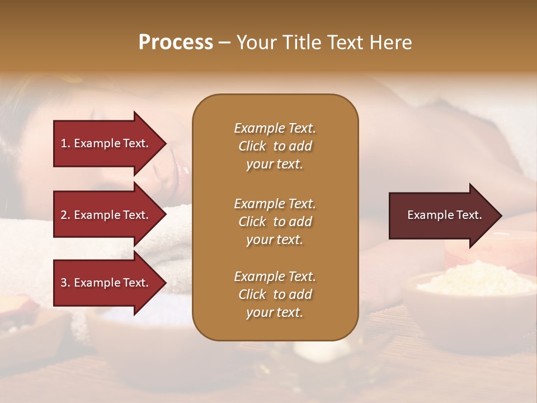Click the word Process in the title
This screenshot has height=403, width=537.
coord(176,43)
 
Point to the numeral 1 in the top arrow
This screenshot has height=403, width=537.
coord(63,143)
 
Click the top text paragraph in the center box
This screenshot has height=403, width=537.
coord(275,146)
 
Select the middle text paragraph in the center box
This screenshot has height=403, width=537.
coord(275,222)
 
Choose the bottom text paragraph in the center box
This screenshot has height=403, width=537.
coord(275,294)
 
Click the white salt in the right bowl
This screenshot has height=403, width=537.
coord(475,283)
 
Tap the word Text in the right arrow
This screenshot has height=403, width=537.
coord(469,215)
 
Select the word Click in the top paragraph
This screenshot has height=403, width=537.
coord(252,146)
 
